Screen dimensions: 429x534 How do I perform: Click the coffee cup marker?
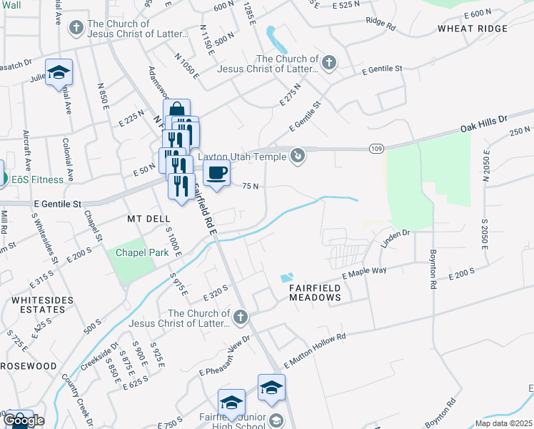point(217,172)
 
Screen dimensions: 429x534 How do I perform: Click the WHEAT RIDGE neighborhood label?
point(473,29)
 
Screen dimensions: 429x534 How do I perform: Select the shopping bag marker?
point(176,110)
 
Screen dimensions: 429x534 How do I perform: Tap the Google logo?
point(24,420)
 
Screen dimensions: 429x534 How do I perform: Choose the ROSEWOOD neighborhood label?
point(29,365)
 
